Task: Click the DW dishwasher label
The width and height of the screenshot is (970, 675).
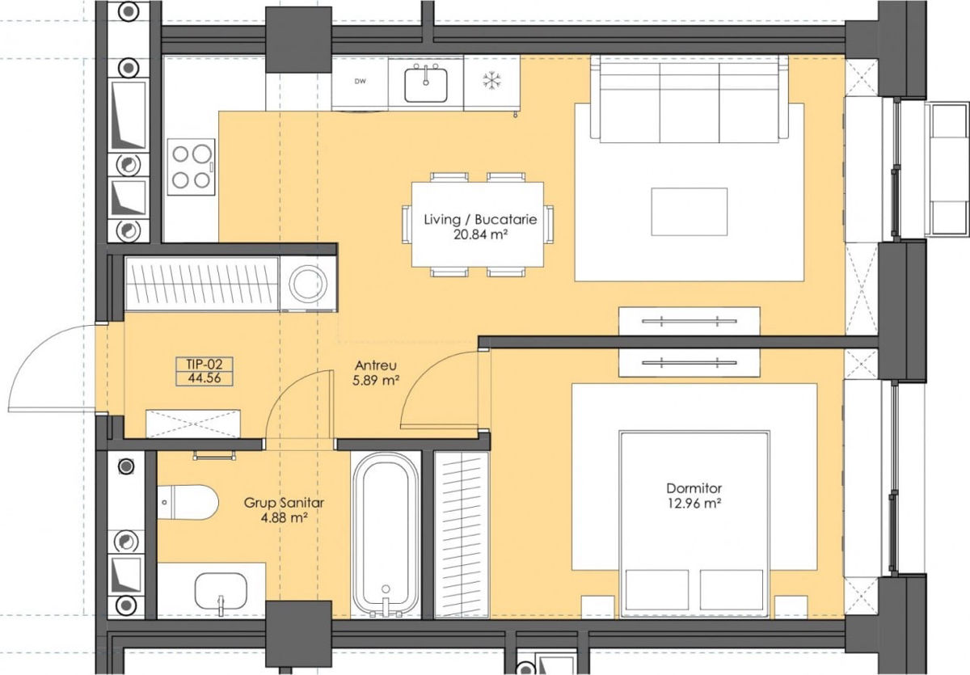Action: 360,82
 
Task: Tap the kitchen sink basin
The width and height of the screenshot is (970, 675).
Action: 426,85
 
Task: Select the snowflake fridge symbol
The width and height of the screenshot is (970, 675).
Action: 492,82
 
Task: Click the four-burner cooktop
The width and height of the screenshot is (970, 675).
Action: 191,167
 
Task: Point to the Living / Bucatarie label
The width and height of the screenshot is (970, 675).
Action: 480,219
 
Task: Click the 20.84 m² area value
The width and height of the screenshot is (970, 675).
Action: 480,234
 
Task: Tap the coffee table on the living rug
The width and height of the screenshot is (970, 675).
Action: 690,212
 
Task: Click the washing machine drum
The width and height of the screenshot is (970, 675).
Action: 308,284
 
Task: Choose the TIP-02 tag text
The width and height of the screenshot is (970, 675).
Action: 205,364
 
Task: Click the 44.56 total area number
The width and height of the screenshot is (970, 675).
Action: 205,378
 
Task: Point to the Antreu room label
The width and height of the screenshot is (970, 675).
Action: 375,365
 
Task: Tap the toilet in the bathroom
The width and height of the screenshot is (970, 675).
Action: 188,502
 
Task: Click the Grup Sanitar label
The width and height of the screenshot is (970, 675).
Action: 284,503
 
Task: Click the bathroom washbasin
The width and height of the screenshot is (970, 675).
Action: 221,592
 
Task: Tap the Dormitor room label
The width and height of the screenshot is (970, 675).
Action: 694,488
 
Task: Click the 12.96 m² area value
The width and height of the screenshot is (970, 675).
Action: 694,504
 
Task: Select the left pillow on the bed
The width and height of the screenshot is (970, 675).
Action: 657,589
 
